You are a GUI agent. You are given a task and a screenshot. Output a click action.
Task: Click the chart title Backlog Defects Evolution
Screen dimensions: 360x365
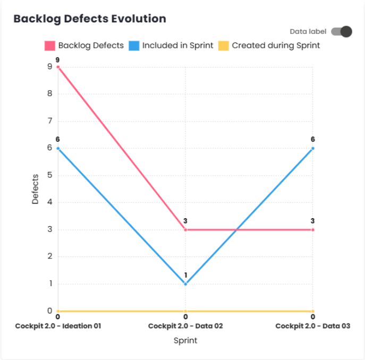coord(89,19)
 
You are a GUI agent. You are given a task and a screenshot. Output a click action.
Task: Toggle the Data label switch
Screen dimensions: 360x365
coord(341,31)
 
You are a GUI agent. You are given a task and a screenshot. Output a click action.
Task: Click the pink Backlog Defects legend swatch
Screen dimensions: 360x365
coord(49,46)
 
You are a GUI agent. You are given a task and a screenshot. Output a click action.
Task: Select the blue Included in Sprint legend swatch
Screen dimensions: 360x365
coord(133,46)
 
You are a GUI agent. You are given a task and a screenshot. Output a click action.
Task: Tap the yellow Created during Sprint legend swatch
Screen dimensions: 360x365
coord(223,46)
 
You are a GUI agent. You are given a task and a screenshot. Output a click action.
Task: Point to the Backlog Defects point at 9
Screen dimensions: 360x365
coord(57,67)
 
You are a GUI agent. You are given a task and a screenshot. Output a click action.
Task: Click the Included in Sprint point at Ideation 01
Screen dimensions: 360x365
coord(57,148)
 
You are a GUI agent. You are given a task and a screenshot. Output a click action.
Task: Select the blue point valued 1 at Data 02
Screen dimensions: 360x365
coord(185,284)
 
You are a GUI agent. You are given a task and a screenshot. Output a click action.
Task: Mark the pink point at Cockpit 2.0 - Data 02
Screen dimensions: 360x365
coord(185,230)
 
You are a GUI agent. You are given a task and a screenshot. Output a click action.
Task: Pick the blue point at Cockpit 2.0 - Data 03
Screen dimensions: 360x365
coord(313,148)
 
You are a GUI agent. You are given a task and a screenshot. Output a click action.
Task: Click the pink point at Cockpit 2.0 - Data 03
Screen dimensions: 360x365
coord(313,230)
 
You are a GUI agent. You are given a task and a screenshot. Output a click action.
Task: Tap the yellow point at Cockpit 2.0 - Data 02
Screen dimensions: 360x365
coord(185,311)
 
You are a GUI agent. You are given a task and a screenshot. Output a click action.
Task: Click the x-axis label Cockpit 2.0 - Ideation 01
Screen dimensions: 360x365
coord(58,326)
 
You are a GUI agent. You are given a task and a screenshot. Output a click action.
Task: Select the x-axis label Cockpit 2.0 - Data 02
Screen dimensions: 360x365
coord(185,326)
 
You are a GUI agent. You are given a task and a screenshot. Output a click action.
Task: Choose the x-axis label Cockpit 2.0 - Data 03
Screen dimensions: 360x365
coord(312,326)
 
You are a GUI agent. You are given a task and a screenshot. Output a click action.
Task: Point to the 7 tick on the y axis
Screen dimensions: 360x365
coord(49,121)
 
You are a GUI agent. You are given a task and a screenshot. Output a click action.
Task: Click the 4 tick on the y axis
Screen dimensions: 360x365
coord(49,202)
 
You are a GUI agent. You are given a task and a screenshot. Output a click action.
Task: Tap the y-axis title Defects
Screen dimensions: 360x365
coord(36,189)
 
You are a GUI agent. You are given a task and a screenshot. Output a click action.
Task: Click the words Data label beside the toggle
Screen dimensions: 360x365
coord(308,32)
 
